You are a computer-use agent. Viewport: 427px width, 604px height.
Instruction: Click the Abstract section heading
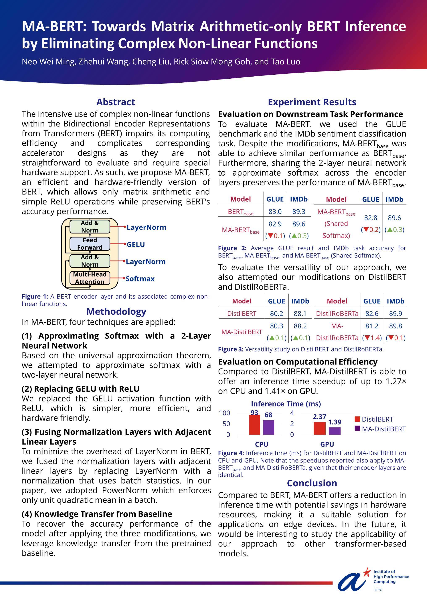pos(116,102)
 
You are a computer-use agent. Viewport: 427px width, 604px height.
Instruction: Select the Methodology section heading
pos(116,311)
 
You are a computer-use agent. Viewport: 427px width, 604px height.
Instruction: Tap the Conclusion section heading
pos(312,483)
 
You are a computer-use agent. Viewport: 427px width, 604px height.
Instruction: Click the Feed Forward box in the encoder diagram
pos(90,244)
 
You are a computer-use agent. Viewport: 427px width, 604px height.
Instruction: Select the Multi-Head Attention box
pos(90,278)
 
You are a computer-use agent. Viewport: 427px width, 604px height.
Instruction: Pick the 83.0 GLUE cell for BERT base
pos(275,212)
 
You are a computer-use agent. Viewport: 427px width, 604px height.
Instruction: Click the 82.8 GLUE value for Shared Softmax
pos(370,218)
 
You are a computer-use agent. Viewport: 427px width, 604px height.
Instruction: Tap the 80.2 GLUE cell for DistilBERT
pos(276,313)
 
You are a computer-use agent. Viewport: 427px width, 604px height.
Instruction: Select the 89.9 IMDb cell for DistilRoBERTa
pos(396,313)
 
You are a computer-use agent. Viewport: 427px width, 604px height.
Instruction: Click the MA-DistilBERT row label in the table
pos(241,332)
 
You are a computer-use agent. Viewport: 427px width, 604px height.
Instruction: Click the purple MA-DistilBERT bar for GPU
pos(334,431)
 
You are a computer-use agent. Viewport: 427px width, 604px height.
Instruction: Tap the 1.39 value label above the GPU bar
pos(334,422)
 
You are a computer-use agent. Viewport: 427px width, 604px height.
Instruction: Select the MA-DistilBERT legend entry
pos(383,429)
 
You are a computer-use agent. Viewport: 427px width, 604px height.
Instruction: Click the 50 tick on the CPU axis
pos(226,424)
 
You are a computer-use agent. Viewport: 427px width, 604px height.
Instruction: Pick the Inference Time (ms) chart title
pos(286,404)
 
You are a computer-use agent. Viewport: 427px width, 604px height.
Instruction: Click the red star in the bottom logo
pos(367,572)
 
